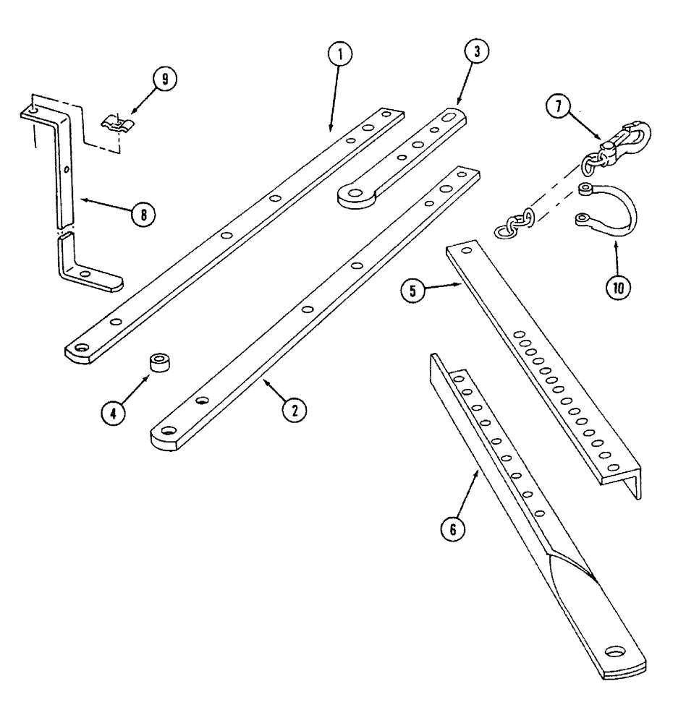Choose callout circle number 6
pos(454,529)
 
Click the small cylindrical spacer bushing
pos(159,361)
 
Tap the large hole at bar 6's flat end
pos(620,650)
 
